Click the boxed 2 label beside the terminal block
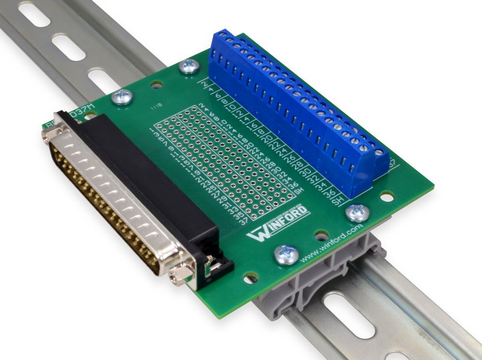pyautogui.click(x=204, y=85)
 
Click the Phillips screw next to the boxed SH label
pyautogui.click(x=357, y=211)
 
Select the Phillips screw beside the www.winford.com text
pyautogui.click(x=286, y=253)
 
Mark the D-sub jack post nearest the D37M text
pyautogui.click(x=52, y=136)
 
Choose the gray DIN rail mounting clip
pyautogui.click(x=308, y=284)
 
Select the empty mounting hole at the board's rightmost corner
pyautogui.click(x=386, y=197)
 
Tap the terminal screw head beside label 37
pyautogui.click(x=380, y=153)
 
